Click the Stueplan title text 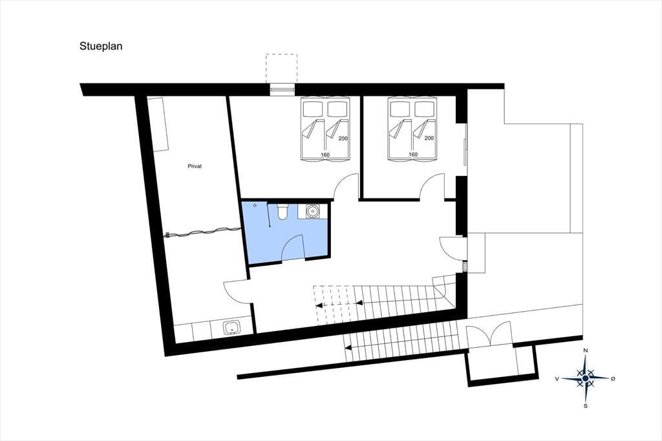coord(101,46)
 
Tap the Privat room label coord(195,166)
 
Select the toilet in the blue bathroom coord(282,212)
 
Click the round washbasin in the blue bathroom coord(313,211)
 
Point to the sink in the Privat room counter coord(231,327)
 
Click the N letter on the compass coord(586,350)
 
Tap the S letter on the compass coord(586,406)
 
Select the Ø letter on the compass coord(613,379)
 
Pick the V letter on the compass coord(557,379)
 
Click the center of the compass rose coord(585,378)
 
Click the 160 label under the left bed coord(325,155)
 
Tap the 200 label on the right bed coord(429,138)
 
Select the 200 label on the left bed coord(343,138)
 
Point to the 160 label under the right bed coord(413,155)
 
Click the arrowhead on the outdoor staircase coord(348,348)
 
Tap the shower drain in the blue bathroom coord(255,206)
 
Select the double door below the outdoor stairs coord(489,334)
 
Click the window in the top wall coord(282,89)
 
